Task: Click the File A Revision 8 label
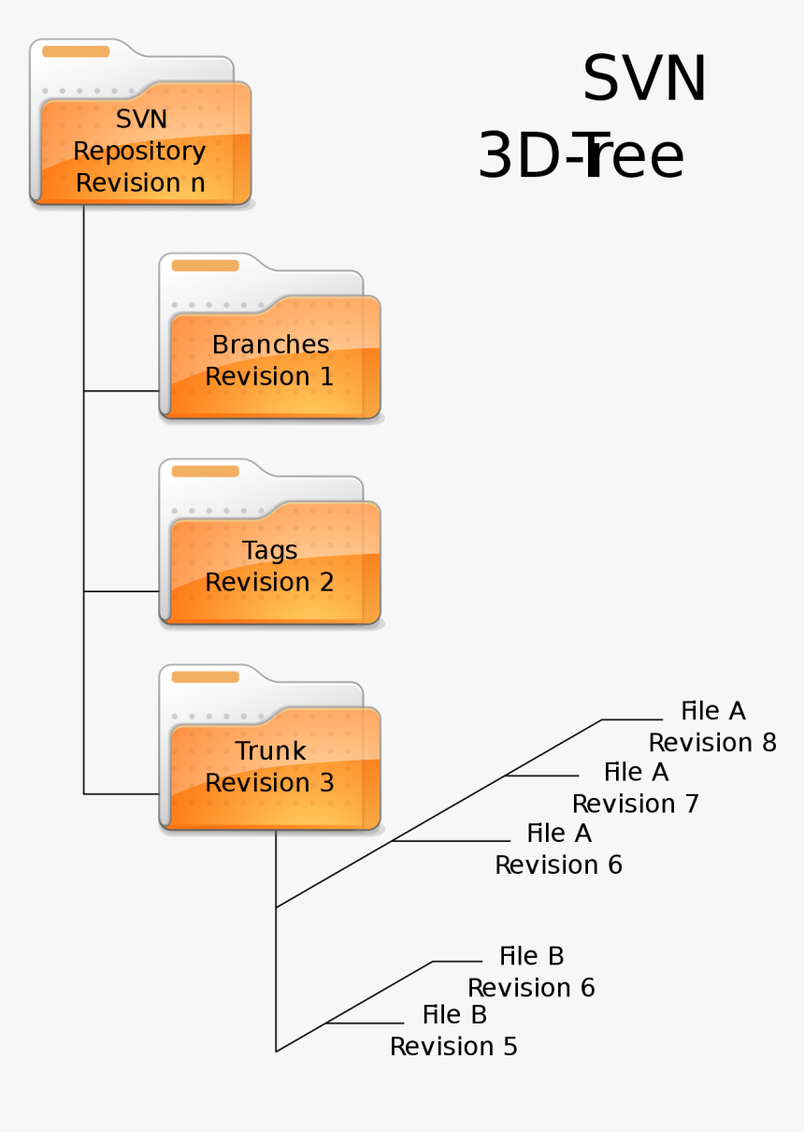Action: (712, 727)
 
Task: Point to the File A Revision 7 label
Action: (636, 788)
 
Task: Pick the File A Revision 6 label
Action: (558, 849)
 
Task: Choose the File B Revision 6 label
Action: (531, 972)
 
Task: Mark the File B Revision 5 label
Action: (453, 1030)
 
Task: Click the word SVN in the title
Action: (644, 80)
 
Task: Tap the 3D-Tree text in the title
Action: (581, 156)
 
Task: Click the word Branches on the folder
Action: (270, 344)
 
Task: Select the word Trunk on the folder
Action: (270, 750)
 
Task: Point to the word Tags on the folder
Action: (270, 550)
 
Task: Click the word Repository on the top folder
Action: (139, 151)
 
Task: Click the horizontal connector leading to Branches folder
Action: (122, 391)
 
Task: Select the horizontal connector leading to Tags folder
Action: (122, 591)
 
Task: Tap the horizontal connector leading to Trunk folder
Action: (122, 794)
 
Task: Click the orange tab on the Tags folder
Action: (205, 472)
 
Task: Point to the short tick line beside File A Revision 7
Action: (542, 776)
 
